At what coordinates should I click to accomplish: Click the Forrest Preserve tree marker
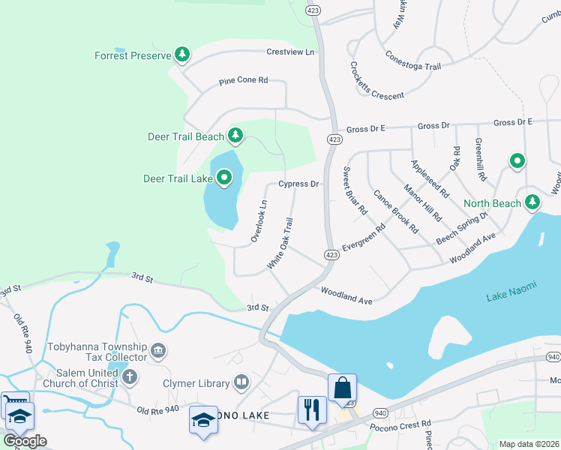[x=181, y=55]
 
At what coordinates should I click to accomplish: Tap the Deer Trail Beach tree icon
[x=236, y=136]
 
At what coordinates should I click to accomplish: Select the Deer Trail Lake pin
[x=224, y=178]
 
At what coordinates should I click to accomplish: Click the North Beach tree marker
[x=532, y=202]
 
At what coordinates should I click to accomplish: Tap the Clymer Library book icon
[x=241, y=383]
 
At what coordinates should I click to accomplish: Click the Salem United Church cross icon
[x=130, y=376]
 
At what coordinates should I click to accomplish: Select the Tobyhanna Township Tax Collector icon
[x=158, y=350]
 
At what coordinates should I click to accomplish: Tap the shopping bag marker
[x=342, y=388]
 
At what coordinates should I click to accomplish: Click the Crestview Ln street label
[x=290, y=52]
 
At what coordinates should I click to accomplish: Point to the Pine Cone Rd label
[x=243, y=81]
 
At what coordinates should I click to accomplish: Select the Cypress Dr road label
[x=298, y=184]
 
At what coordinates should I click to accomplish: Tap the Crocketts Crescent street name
[x=376, y=82]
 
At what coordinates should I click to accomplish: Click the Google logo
[x=25, y=440]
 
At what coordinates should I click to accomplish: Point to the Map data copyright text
[x=528, y=444]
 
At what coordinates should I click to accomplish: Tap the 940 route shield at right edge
[x=553, y=356]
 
